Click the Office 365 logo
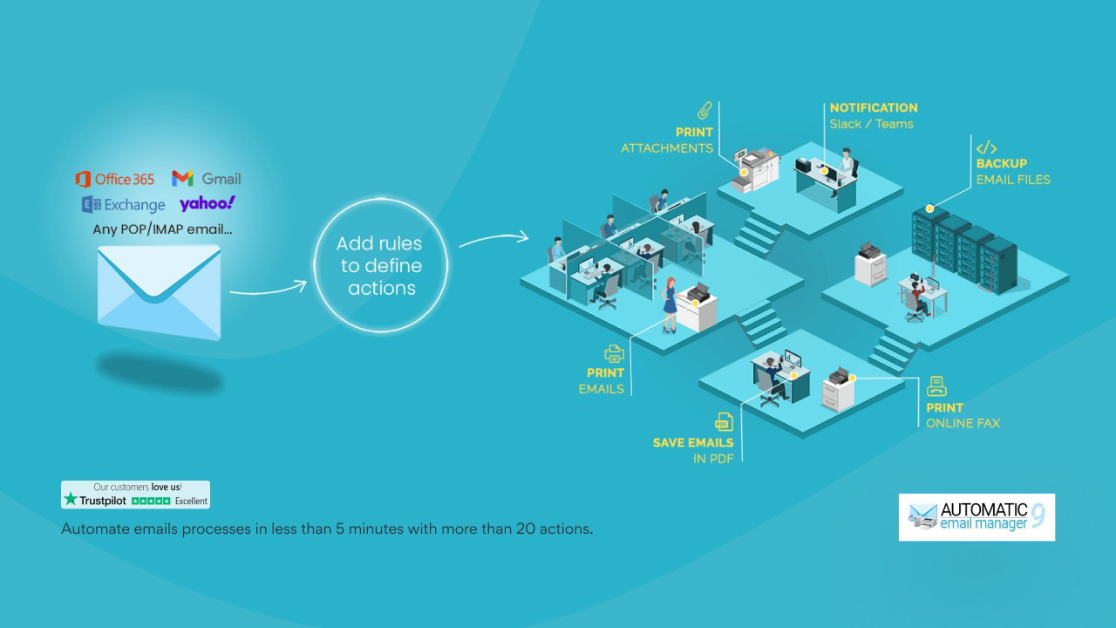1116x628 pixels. [x=115, y=179]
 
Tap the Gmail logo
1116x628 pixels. [x=207, y=178]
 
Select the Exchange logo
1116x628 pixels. [x=123, y=205]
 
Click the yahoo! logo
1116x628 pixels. [x=208, y=203]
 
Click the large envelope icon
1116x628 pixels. [x=159, y=290]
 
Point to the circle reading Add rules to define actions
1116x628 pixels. [x=380, y=265]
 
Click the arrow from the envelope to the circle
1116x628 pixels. [x=268, y=289]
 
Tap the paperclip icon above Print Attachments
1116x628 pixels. [x=704, y=111]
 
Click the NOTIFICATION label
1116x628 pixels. [x=874, y=107]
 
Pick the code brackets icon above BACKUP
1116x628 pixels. [x=986, y=147]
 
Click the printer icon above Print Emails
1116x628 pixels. [x=614, y=353]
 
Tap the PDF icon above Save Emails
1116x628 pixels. [x=723, y=422]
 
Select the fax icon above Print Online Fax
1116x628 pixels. [x=937, y=386]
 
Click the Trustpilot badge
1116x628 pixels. [x=135, y=495]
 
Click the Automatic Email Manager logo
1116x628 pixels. [x=976, y=517]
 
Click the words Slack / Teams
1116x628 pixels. [x=871, y=124]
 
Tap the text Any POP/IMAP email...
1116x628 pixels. [x=163, y=230]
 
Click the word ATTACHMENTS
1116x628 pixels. [x=667, y=148]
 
